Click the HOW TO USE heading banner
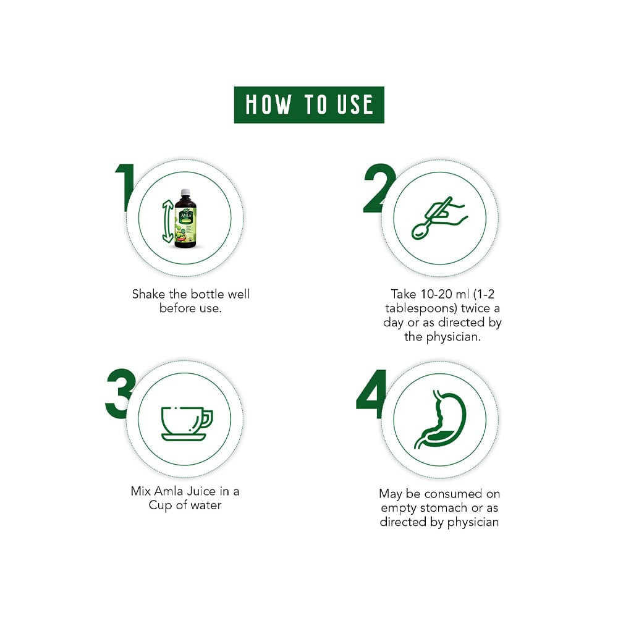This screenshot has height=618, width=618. click(x=309, y=105)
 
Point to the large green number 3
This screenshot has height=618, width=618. click(x=121, y=393)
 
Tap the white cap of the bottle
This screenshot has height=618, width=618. click(x=185, y=193)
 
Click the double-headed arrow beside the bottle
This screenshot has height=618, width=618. click(x=167, y=221)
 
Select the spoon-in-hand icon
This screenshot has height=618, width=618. click(x=439, y=218)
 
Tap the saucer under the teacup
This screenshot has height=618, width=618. click(x=184, y=437)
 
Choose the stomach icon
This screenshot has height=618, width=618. click(x=440, y=420)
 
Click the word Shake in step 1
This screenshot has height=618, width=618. click(x=148, y=294)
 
